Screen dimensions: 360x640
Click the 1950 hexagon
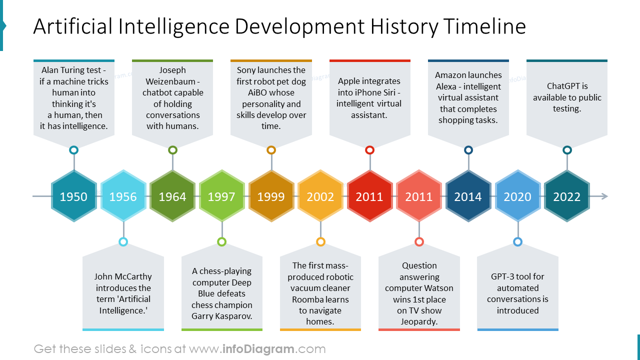[73, 196]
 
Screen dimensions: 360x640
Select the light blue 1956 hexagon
[123, 196]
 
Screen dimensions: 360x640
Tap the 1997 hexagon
[221, 196]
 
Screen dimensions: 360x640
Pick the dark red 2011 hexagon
[369, 196]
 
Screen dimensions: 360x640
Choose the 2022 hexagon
[566, 196]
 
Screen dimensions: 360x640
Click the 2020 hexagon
[517, 196]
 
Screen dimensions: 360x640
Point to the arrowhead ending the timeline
[604, 196]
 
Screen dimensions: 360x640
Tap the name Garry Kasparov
[221, 316]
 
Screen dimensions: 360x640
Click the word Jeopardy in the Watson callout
[418, 321]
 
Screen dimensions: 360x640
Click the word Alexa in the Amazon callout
[446, 86]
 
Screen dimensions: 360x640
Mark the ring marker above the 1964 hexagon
[172, 150]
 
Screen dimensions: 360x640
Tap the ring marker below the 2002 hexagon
[320, 242]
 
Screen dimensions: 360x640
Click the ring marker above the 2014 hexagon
[468, 150]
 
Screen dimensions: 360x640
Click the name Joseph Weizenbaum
[172, 75]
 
